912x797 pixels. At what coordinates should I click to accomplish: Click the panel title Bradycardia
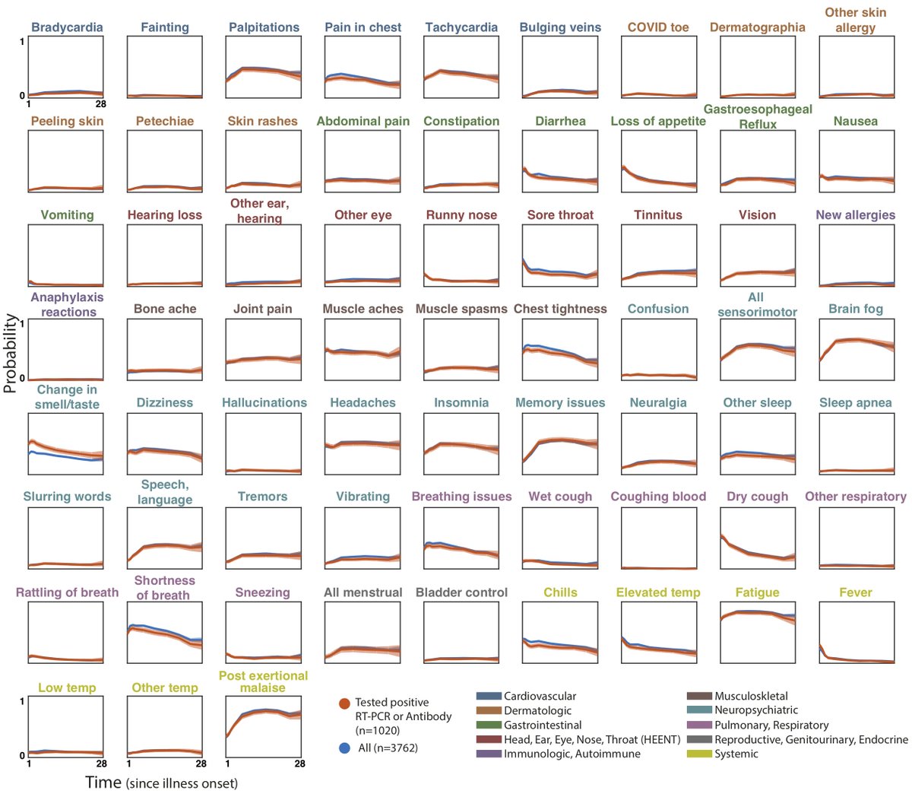(x=67, y=27)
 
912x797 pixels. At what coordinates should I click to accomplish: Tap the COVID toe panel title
(x=658, y=27)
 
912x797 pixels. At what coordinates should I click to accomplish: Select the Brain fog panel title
(x=856, y=309)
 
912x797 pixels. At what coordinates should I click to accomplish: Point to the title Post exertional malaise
(x=263, y=681)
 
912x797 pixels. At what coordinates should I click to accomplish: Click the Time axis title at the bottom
(x=161, y=783)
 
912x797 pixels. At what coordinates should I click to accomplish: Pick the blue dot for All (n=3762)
(x=344, y=748)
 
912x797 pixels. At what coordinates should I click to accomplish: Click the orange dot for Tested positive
(x=344, y=703)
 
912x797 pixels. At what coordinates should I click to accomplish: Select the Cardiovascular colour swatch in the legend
(x=489, y=696)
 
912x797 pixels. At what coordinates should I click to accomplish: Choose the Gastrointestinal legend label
(x=543, y=725)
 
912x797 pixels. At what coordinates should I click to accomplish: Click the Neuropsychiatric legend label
(x=756, y=710)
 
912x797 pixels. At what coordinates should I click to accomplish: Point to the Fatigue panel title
(x=757, y=592)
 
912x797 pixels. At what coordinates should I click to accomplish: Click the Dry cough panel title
(x=757, y=497)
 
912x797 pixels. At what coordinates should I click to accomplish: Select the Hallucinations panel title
(x=264, y=402)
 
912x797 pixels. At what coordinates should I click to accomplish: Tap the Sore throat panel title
(x=560, y=215)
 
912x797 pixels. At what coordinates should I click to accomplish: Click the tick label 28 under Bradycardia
(x=100, y=104)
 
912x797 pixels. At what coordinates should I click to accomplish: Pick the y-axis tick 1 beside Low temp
(x=22, y=700)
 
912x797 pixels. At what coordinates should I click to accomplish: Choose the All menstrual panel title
(x=363, y=592)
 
